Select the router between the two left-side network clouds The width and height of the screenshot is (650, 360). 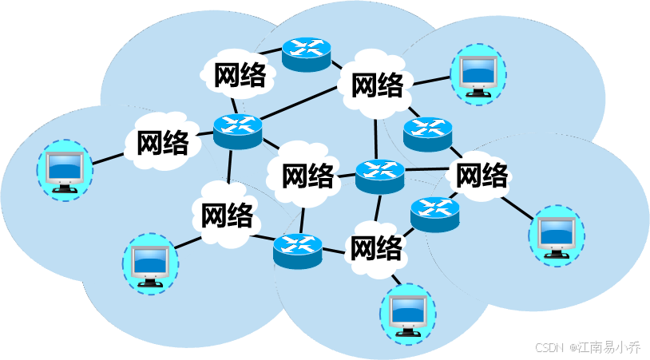(x=237, y=130)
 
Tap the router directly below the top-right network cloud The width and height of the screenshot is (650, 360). (x=427, y=133)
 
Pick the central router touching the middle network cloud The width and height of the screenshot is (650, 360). (x=380, y=176)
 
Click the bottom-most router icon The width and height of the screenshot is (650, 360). (x=297, y=250)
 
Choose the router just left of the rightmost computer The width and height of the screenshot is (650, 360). (x=434, y=214)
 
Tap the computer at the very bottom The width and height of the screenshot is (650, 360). (x=407, y=315)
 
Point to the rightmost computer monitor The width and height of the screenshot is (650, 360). (x=556, y=235)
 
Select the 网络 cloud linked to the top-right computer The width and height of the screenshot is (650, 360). (x=376, y=84)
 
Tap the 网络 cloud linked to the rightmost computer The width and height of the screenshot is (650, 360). (x=482, y=173)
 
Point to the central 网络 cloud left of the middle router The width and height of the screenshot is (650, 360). (x=307, y=175)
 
